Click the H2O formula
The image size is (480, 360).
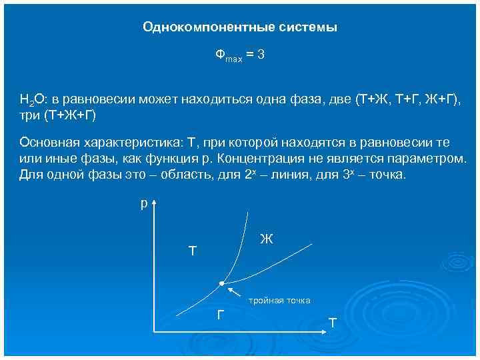pos(31,101)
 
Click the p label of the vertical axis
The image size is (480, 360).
pos(143,204)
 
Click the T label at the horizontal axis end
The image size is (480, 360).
pos(333,323)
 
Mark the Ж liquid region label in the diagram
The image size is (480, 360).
pos(266,239)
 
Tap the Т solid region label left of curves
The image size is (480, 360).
pos(193,251)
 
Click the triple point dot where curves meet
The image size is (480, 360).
pos(221,283)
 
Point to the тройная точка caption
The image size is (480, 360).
pos(279,301)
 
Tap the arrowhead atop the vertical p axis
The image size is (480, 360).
pos(155,202)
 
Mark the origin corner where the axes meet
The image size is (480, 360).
pos(155,331)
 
